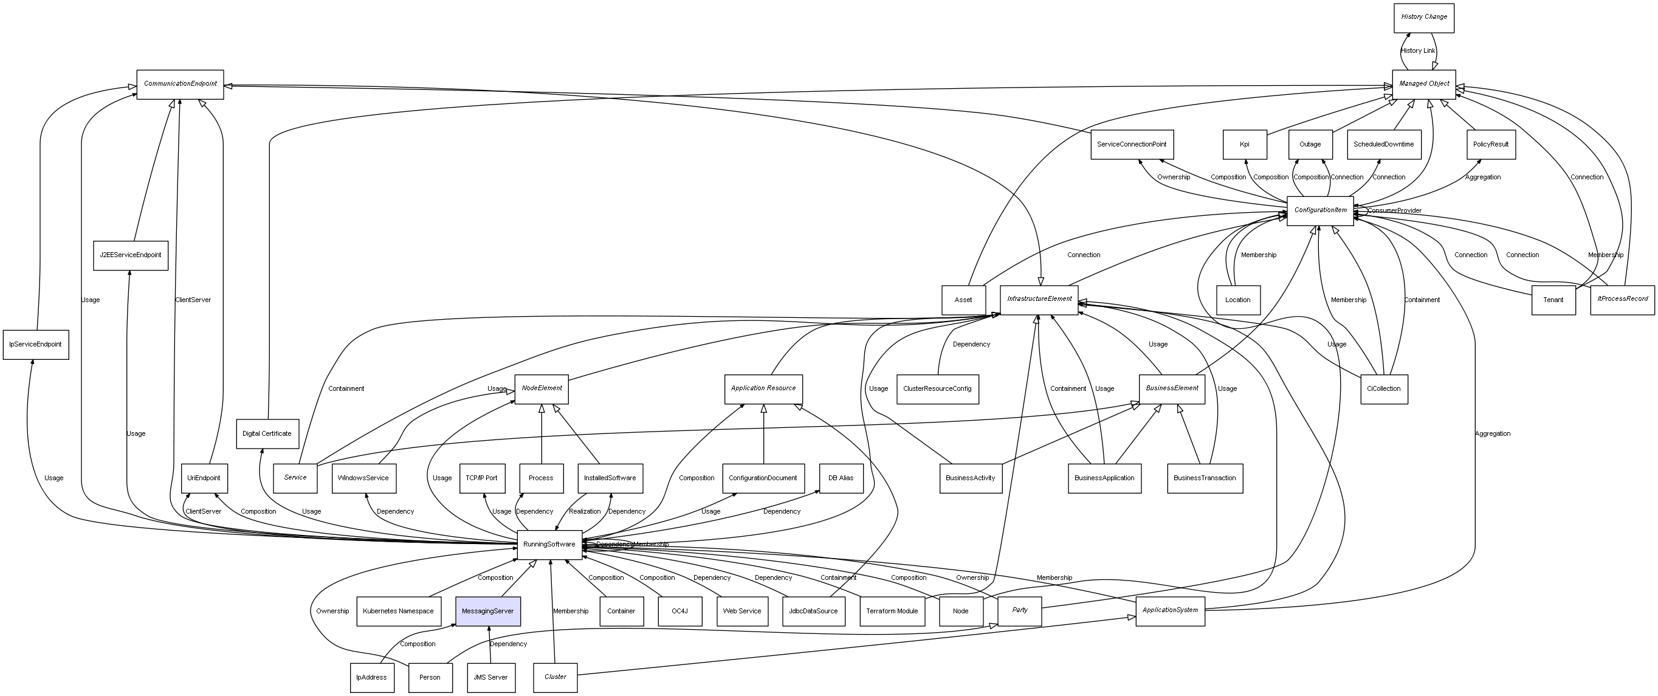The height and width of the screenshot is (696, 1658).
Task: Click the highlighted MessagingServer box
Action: [x=488, y=611]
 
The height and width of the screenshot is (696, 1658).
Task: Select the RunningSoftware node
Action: [x=549, y=545]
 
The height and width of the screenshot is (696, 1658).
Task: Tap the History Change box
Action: [x=1424, y=18]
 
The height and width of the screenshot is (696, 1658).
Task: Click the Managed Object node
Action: [x=1424, y=84]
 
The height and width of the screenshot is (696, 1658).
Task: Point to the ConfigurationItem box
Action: [x=1320, y=210]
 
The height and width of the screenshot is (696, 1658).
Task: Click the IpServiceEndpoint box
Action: [x=36, y=345]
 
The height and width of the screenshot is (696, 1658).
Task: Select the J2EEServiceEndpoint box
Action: [x=131, y=256]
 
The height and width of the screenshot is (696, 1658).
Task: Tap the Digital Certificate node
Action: [x=267, y=434]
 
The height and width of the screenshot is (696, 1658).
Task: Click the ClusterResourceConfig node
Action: [x=937, y=389]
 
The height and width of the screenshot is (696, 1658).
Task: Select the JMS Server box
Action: [x=491, y=677]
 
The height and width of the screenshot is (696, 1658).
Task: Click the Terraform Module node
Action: [x=892, y=611]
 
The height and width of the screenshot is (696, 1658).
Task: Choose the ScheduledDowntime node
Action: [x=1384, y=145]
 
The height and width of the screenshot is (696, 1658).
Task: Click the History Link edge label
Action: [x=1418, y=51]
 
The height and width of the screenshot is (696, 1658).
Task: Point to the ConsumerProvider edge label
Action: [x=1395, y=211]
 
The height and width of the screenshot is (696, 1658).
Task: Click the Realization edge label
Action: [x=585, y=512]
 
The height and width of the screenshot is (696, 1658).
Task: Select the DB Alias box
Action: [x=841, y=478]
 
